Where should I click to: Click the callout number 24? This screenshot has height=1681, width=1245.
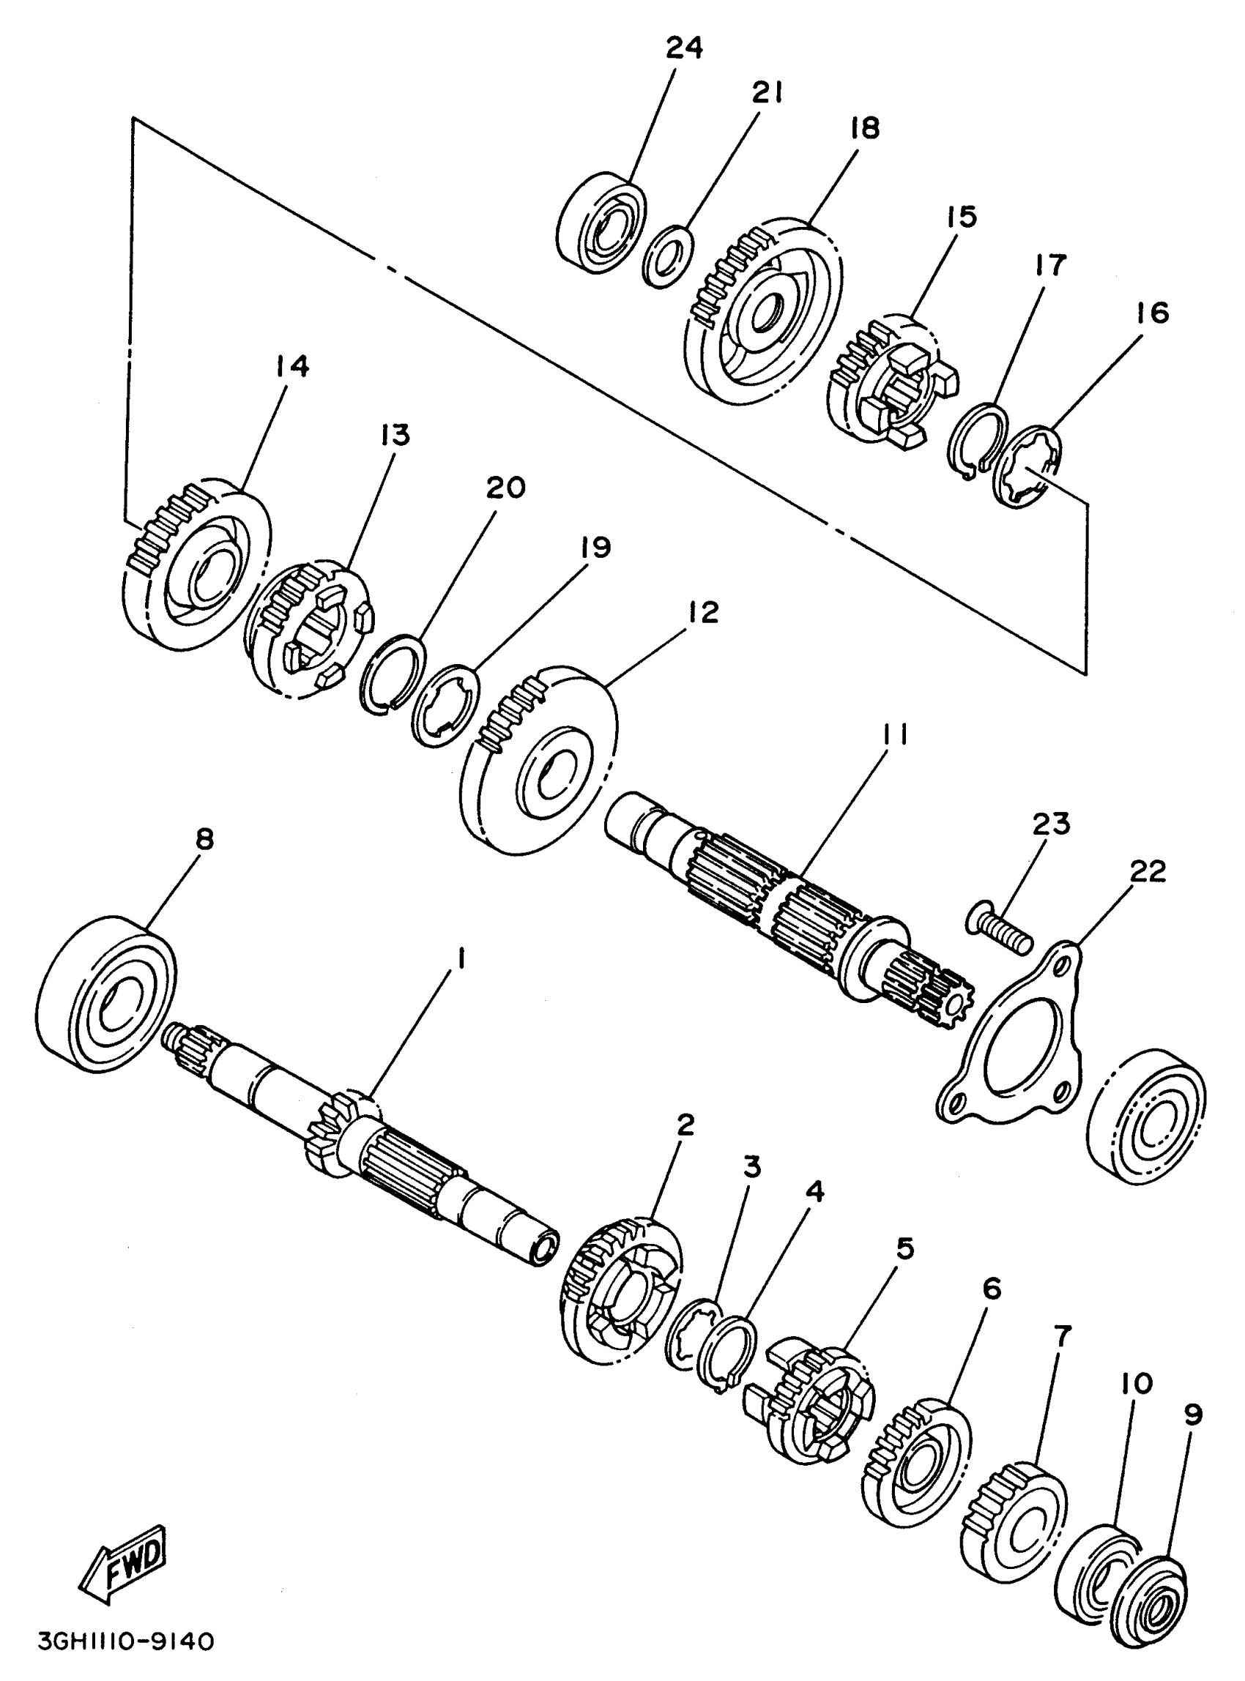click(684, 48)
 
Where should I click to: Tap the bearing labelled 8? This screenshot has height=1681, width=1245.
click(105, 993)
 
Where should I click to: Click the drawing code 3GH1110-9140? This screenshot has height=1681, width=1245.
click(126, 1639)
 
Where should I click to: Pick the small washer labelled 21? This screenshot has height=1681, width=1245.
click(669, 256)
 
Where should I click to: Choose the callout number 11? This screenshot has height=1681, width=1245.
click(893, 734)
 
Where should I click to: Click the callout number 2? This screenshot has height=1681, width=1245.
click(684, 1125)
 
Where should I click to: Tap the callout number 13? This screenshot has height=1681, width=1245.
click(395, 436)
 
